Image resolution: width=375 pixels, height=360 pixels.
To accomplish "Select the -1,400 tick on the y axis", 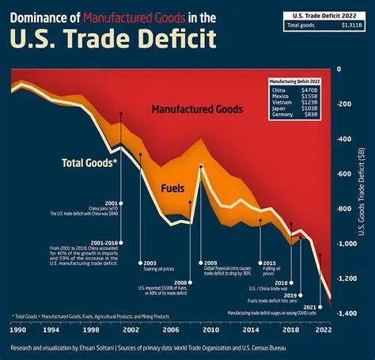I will tap(346, 314).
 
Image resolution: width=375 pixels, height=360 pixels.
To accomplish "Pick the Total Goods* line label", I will tap(89, 164).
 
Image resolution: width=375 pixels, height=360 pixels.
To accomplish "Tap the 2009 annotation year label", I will tap(211, 263).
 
